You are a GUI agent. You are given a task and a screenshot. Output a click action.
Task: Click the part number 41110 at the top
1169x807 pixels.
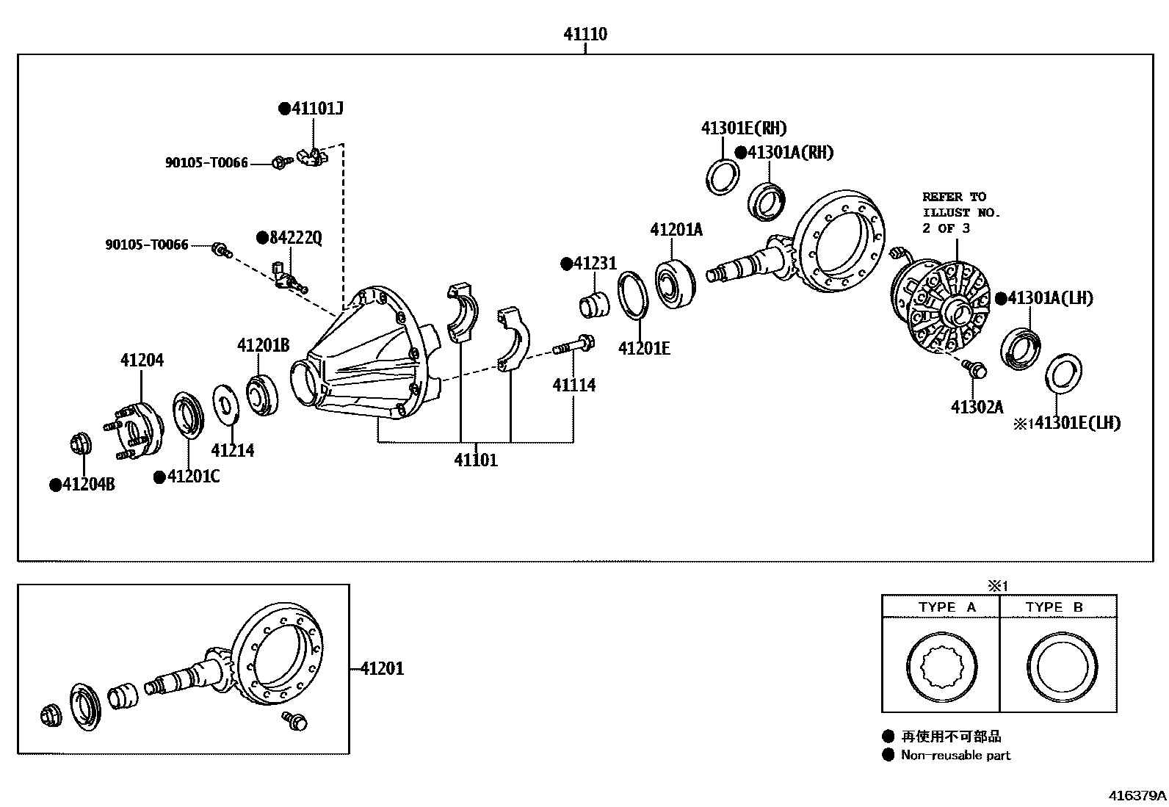pos(585,34)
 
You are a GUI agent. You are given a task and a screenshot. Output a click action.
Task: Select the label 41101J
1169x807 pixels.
pos(316,109)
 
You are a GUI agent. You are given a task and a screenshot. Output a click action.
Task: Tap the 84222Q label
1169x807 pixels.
pos(294,237)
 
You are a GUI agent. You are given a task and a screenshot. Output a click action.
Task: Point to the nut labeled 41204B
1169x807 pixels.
pos(80,444)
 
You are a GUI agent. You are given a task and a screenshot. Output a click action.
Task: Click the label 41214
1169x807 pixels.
pos(233,450)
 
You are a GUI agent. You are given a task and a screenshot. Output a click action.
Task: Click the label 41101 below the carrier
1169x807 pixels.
pos(476,460)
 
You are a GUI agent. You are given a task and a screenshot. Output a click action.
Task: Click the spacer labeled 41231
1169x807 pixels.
pos(594,305)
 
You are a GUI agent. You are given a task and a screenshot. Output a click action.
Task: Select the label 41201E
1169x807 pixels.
pos(644,348)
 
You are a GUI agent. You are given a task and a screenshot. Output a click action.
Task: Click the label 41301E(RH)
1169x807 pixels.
pos(743,129)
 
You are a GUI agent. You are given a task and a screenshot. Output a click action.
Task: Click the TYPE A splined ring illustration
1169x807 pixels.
pos(941,666)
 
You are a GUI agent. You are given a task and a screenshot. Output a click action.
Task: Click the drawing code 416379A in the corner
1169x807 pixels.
pos(1137,795)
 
